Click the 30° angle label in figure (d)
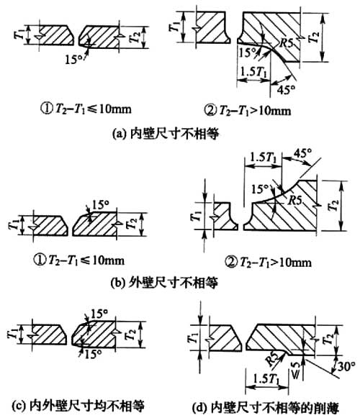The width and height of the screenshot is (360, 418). click(x=346, y=367)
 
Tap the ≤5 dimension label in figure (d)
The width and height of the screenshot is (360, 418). click(x=295, y=370)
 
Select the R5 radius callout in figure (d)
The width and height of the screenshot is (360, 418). click(x=273, y=358)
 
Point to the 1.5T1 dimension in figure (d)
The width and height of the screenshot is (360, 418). click(x=266, y=379)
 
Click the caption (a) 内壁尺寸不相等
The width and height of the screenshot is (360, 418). click(x=166, y=133)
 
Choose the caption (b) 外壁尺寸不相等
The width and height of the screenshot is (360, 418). click(x=165, y=283)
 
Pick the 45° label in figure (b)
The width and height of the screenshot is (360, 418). click(x=302, y=154)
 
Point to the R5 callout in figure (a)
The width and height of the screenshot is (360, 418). click(x=287, y=43)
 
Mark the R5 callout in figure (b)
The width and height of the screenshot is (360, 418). click(x=295, y=200)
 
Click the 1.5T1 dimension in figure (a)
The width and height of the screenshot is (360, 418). click(x=253, y=72)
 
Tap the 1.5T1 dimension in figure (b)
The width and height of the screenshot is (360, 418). click(x=264, y=158)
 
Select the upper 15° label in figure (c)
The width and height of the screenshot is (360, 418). click(x=99, y=314)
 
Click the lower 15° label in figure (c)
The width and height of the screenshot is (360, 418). click(x=93, y=354)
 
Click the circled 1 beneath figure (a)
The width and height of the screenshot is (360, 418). click(x=46, y=109)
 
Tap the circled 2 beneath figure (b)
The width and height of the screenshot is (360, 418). click(x=230, y=263)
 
